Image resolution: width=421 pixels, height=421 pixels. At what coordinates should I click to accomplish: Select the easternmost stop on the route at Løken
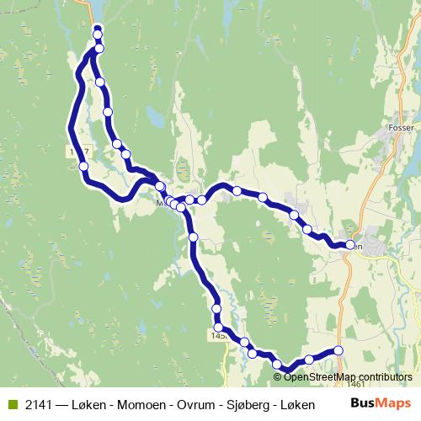350,245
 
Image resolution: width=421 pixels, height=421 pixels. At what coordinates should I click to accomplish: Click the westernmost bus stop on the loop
84,167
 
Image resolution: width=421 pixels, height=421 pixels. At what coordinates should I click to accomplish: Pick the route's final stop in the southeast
338,350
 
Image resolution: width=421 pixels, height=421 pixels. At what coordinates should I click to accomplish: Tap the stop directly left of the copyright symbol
252,354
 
